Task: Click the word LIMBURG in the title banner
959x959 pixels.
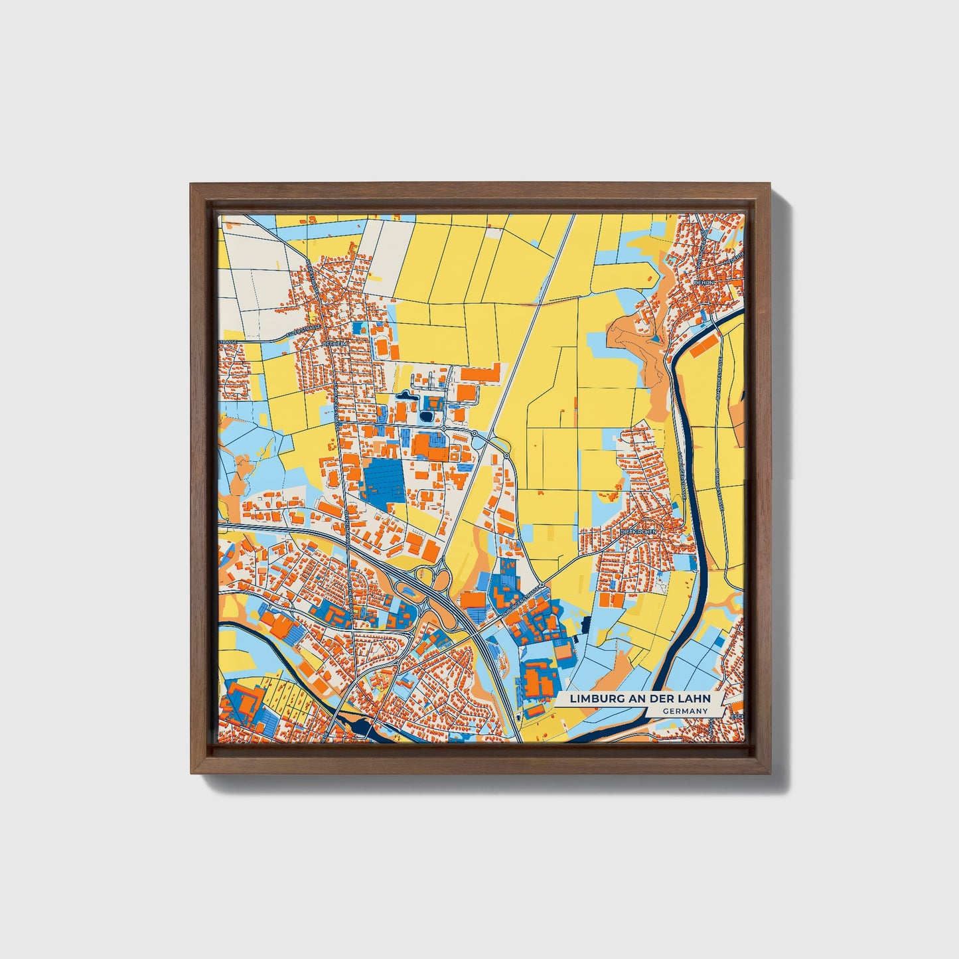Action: (592, 699)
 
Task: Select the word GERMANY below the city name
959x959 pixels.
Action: (685, 711)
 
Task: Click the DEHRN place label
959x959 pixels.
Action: (701, 281)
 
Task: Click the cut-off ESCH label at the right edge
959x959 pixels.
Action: (737, 717)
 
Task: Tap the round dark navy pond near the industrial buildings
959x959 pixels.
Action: (426, 417)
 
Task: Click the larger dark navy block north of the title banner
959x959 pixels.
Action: (585, 625)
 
